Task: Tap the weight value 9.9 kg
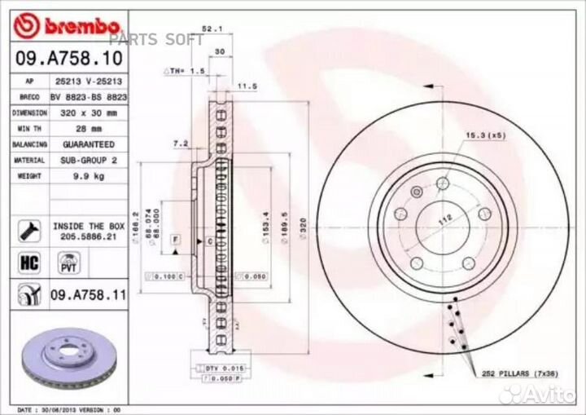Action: click(85, 174)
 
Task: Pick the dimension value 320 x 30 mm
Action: click(85, 113)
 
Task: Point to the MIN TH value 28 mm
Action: click(85, 129)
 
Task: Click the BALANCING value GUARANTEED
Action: click(85, 144)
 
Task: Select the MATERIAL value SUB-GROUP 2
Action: click(85, 160)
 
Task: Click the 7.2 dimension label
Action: click(181, 143)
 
